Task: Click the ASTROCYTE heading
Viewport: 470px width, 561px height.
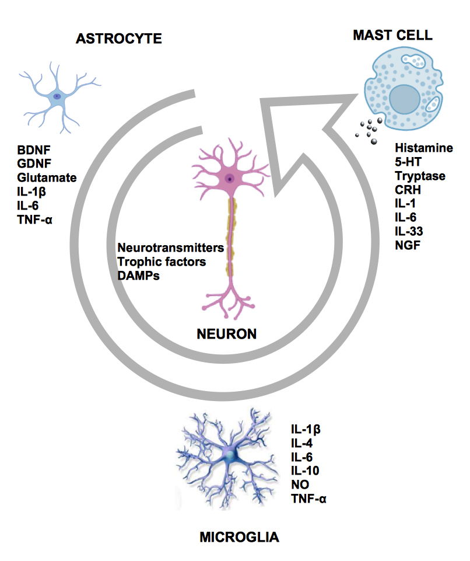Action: click(x=118, y=40)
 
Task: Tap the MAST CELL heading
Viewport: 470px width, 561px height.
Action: click(x=392, y=35)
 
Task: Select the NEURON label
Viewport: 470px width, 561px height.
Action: click(x=227, y=334)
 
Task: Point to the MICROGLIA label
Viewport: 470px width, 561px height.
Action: click(x=239, y=536)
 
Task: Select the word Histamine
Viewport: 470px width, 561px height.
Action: click(x=423, y=148)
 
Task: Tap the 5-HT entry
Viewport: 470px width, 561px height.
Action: click(x=409, y=162)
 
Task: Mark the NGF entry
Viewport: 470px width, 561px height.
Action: click(x=407, y=245)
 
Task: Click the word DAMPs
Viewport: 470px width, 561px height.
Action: click(x=138, y=276)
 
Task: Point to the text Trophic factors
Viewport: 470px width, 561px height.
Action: click(x=162, y=262)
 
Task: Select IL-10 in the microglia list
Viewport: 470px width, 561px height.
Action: click(x=304, y=471)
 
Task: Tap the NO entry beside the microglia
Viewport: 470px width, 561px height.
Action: click(x=300, y=485)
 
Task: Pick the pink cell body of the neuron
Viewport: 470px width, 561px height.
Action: click(x=230, y=177)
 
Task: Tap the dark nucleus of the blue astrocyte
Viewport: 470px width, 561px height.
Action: click(x=57, y=96)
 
